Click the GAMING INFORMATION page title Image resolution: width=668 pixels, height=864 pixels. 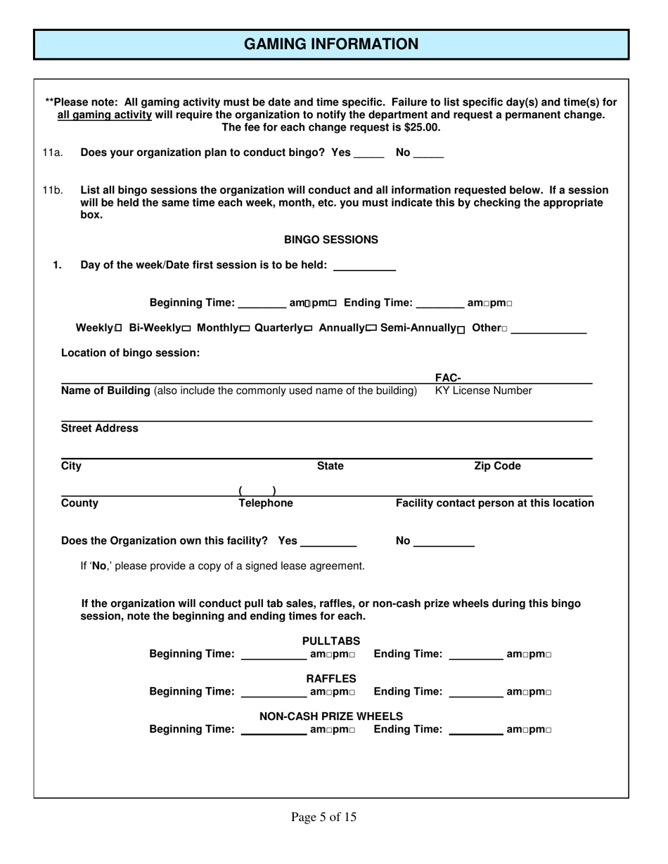[331, 44]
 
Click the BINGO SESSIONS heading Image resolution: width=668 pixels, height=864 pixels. [330, 240]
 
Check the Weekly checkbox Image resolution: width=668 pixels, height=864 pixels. [118, 329]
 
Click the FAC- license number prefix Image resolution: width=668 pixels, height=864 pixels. [448, 379]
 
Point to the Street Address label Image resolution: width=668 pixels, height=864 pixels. [100, 428]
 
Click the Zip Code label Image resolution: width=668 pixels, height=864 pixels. [497, 466]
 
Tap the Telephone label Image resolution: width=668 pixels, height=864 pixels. [266, 504]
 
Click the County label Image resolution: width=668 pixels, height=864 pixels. [80, 504]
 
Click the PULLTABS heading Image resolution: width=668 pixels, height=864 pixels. [331, 641]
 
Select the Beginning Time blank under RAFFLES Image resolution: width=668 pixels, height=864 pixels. [274, 693]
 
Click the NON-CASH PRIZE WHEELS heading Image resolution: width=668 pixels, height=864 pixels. [331, 716]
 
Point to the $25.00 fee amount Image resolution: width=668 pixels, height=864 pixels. [422, 128]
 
